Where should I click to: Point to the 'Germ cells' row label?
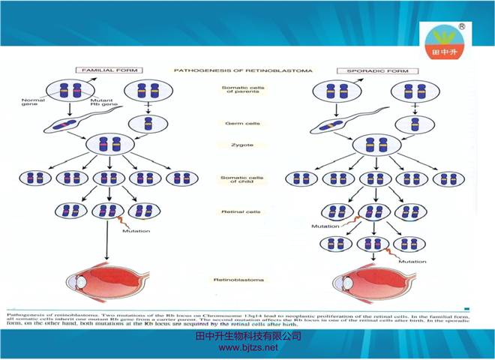pos(241,123)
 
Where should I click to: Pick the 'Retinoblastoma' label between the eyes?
pos(241,280)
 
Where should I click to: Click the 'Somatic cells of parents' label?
pos(241,92)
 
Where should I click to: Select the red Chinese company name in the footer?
pos(247,336)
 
